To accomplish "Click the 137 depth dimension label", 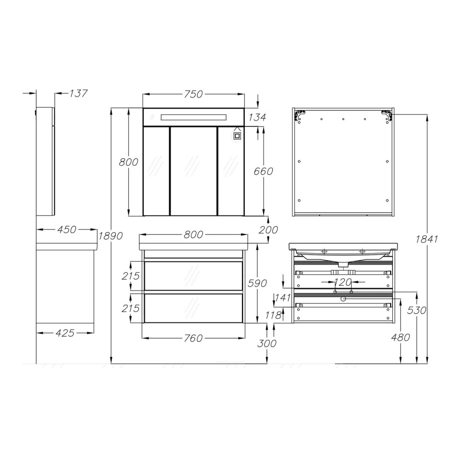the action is pos(78,93).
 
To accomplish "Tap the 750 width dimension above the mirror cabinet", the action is pos(193,94).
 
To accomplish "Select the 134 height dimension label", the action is pos(257,117).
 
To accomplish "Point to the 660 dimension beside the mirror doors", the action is pos(263,171).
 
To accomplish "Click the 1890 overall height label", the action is pos(110,236).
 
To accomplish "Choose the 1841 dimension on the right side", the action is pos(426,239).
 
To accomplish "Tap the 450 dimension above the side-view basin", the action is pos(67,230).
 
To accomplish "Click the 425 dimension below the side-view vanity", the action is pos(65,333).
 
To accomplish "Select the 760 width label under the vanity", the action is pos(193,338).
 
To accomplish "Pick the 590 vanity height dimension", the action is pos(257,283).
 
